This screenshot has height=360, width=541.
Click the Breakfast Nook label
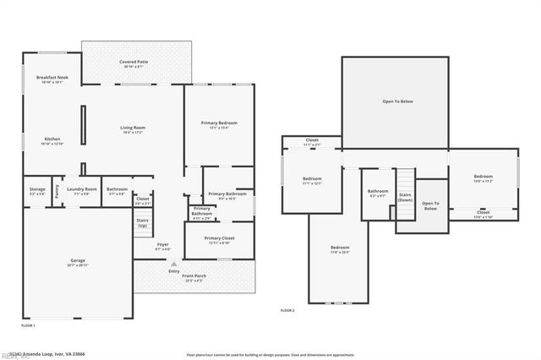tap(52, 78)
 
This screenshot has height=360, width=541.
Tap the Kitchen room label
tap(52, 139)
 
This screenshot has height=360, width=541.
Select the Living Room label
tap(133, 128)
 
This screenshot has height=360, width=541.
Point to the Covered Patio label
tap(134, 62)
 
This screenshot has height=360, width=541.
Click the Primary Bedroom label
tap(219, 123)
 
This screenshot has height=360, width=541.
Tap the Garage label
tap(77, 260)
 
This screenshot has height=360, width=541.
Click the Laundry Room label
tap(82, 188)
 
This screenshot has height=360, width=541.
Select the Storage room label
tap(37, 188)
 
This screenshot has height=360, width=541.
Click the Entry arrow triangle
tap(174, 264)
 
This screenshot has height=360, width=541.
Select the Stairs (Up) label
tap(142, 223)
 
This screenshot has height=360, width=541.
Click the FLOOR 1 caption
tap(28, 325)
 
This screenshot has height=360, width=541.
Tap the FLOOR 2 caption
tap(287, 310)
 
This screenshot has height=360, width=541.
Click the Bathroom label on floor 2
tap(378, 191)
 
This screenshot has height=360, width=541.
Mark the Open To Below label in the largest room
tap(397, 101)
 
